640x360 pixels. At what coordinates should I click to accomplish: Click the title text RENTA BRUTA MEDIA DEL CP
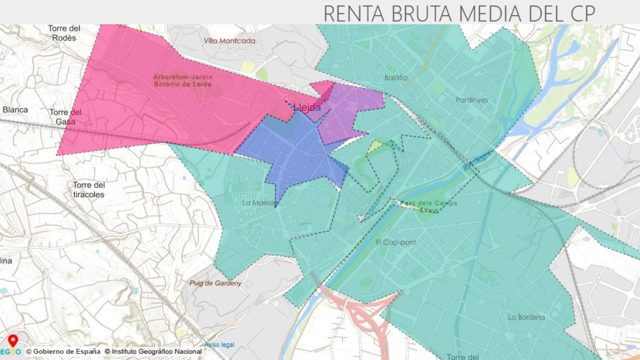coord(459,13)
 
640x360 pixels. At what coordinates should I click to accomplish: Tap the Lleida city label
coord(307,108)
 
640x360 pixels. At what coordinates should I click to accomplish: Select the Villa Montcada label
coord(230,41)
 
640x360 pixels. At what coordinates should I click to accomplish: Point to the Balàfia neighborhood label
coord(396,78)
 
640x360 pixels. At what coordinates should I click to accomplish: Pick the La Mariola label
coord(260,203)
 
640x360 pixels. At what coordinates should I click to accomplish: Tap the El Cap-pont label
coord(396,242)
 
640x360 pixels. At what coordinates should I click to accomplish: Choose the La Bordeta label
coord(526,317)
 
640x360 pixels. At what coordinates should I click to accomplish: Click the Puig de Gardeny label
coord(215,283)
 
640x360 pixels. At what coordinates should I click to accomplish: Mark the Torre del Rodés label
coord(63,33)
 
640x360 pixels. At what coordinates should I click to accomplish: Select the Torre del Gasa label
coord(66,117)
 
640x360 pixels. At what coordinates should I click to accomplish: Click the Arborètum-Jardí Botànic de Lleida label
coord(182,81)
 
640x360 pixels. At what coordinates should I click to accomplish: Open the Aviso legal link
coord(219,345)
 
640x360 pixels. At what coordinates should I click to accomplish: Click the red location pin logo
coord(13,340)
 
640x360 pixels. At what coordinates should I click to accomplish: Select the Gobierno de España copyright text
coord(63,351)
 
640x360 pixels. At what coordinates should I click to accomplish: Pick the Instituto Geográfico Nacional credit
coord(153,351)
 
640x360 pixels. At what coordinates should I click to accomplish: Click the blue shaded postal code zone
coord(299,155)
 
